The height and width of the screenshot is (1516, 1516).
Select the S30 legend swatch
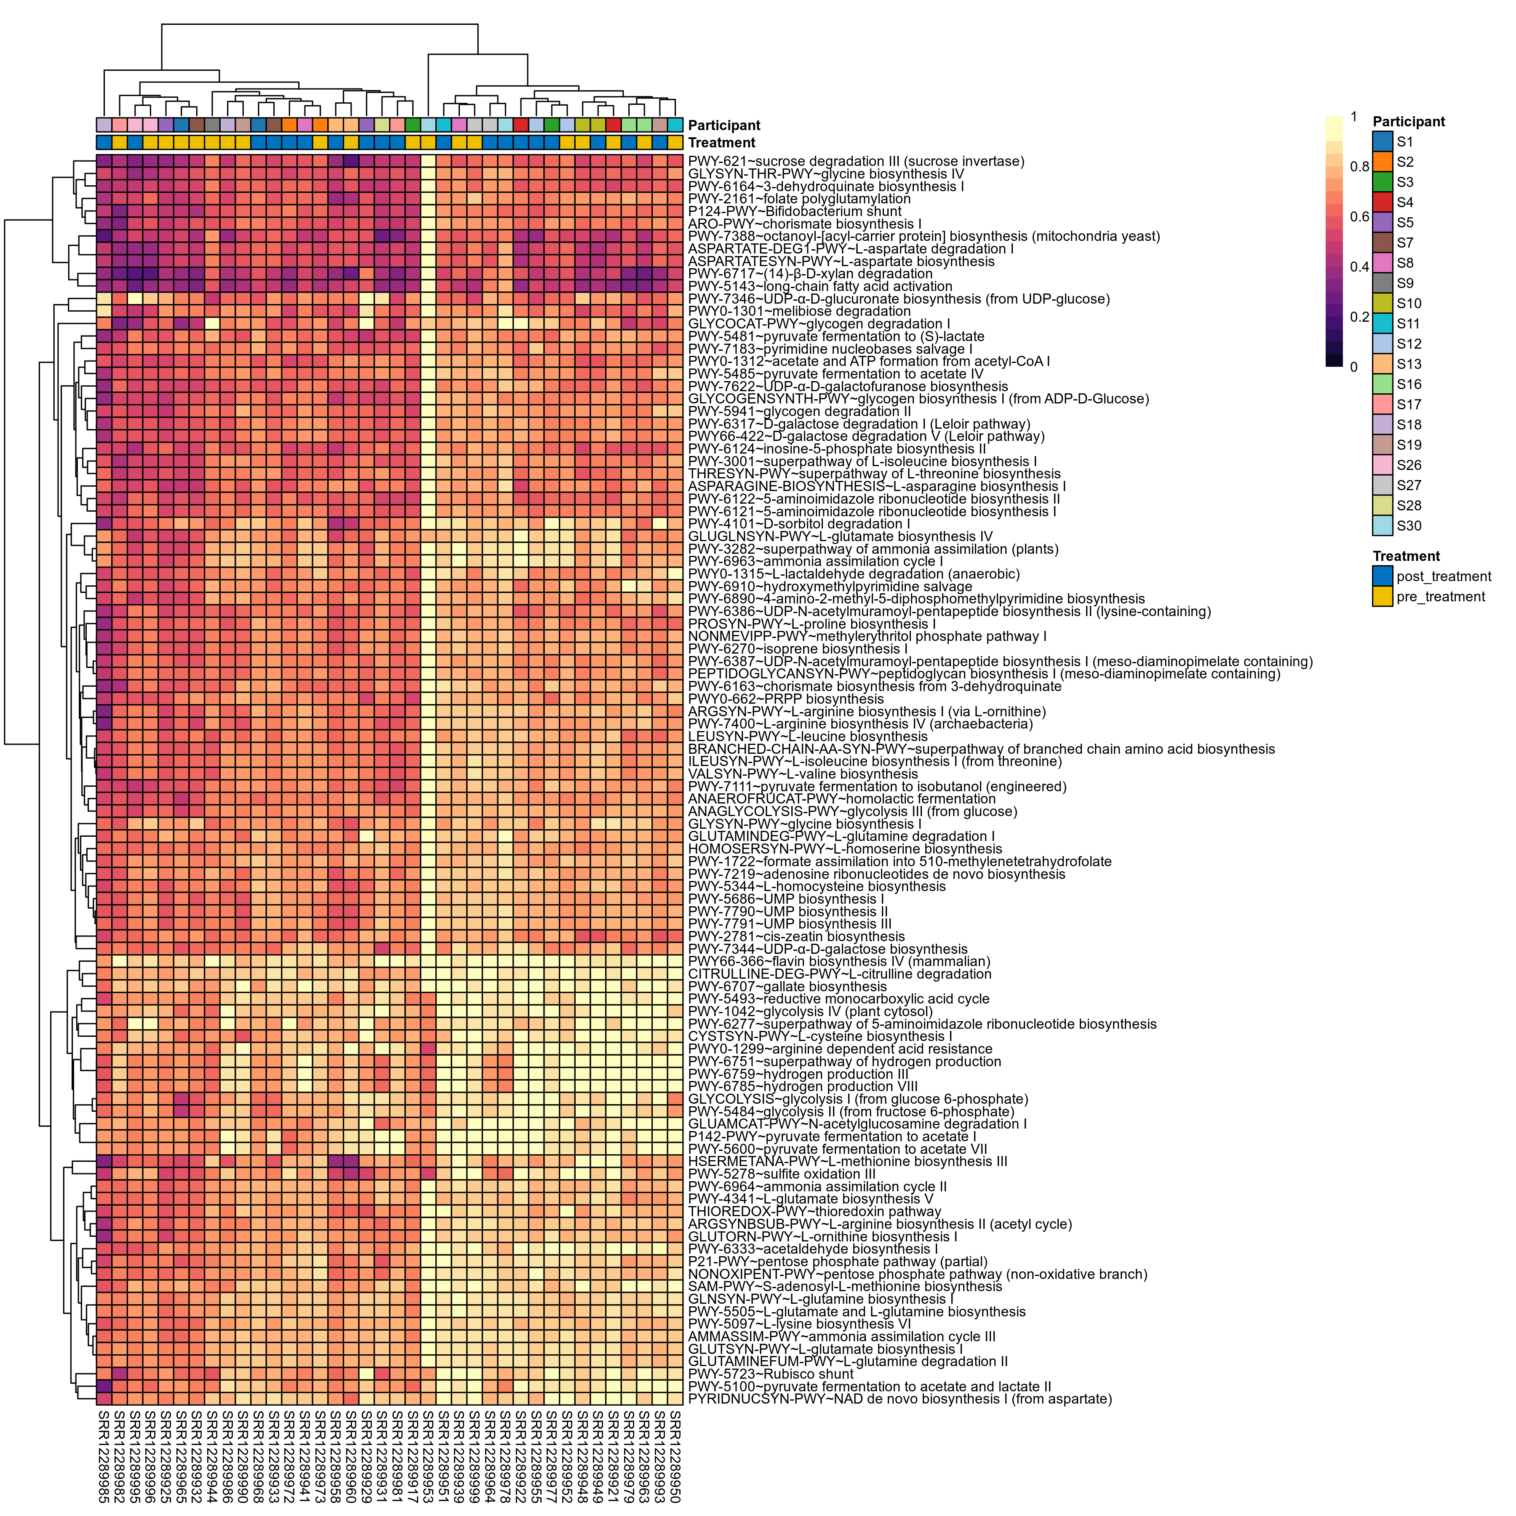click(1383, 526)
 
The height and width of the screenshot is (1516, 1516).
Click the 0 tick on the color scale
click(1353, 366)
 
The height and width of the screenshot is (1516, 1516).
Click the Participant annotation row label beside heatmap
click(724, 125)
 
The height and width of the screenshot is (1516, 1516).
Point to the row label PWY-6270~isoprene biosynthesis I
click(797, 649)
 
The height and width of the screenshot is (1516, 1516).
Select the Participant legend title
click(1409, 122)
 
